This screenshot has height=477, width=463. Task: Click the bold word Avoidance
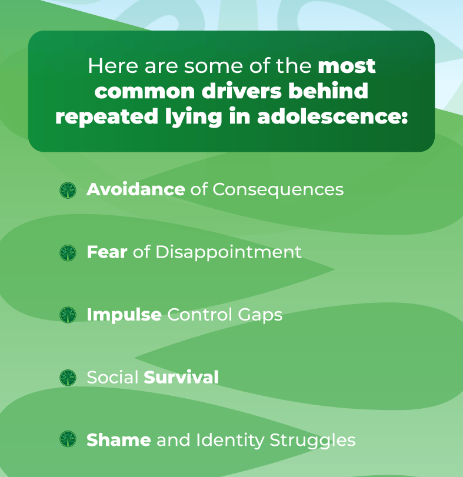click(x=136, y=189)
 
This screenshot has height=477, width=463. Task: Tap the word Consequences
click(x=278, y=189)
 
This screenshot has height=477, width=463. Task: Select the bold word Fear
click(x=106, y=252)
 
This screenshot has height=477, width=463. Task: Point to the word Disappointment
click(x=228, y=252)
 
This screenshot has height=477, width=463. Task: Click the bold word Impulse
click(x=124, y=315)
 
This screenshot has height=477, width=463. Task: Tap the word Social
click(x=112, y=377)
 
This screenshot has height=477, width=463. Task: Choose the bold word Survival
click(x=181, y=377)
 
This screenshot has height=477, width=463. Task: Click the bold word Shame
click(x=119, y=440)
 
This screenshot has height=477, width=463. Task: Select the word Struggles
click(x=312, y=441)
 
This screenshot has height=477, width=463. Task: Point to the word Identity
click(x=230, y=441)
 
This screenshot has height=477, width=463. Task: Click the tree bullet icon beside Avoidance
click(x=68, y=191)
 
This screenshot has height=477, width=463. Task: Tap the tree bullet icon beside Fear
click(x=68, y=253)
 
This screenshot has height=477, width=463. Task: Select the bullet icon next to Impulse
click(x=68, y=315)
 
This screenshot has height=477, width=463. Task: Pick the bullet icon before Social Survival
click(x=68, y=378)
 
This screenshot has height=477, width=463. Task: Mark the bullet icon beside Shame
click(x=68, y=439)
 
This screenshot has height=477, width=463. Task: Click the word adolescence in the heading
click(x=332, y=116)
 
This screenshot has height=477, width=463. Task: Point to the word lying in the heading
click(x=194, y=117)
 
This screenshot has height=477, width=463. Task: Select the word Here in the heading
click(x=113, y=65)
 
